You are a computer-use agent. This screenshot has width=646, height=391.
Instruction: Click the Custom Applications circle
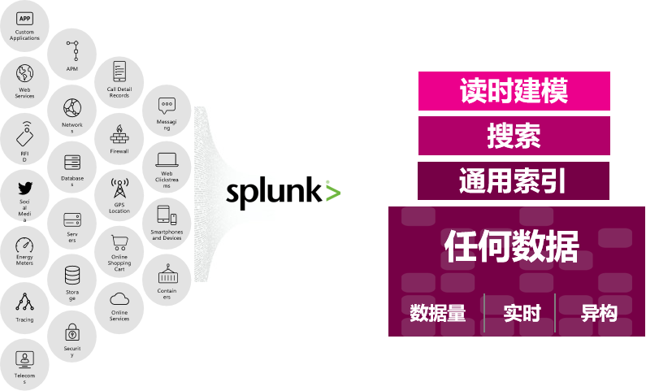pyautogui.click(x=25, y=25)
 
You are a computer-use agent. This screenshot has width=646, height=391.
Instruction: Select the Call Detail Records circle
pyautogui.click(x=119, y=81)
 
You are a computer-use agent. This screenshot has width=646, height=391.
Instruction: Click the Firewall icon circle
pyautogui.click(x=119, y=137)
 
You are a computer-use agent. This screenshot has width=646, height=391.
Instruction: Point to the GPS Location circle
pyautogui.click(x=119, y=195)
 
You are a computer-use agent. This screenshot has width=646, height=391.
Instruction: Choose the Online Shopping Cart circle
pyautogui.click(x=119, y=253)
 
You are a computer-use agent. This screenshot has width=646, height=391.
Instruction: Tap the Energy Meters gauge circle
pyautogui.click(x=25, y=250)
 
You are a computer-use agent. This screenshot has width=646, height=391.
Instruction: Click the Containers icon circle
pyautogui.click(x=167, y=281)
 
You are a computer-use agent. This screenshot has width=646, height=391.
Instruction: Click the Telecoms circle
pyautogui.click(x=25, y=365)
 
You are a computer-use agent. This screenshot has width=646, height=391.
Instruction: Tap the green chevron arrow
pyautogui.click(x=332, y=193)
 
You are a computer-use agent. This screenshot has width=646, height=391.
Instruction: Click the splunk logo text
pyautogui.click(x=254, y=194)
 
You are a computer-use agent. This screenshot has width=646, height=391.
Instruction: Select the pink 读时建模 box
pyautogui.click(x=514, y=91)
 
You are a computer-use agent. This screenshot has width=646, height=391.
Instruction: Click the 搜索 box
pyautogui.click(x=514, y=136)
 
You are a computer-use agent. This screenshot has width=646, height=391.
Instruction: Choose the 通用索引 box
pyautogui.click(x=514, y=180)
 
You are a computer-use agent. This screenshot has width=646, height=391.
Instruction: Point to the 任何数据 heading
pyautogui.click(x=512, y=246)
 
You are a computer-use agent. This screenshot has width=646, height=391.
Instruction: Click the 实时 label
pyautogui.click(x=521, y=313)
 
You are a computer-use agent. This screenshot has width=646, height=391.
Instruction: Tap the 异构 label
pyautogui.click(x=599, y=313)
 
